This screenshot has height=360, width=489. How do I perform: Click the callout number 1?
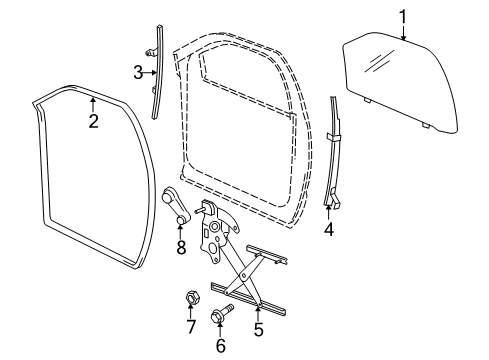(403, 16)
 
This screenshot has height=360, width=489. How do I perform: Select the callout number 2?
(92, 122)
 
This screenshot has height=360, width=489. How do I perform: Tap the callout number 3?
(138, 71)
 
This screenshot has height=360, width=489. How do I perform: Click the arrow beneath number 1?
(403, 32)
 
